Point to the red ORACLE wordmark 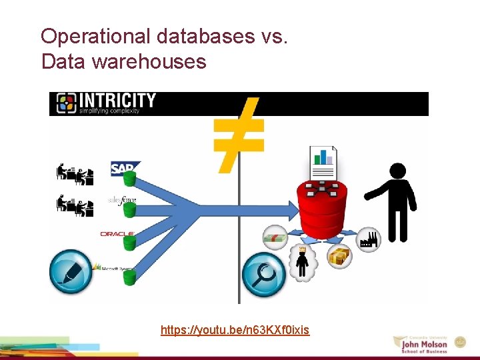[x=117, y=234]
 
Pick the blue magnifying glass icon [x=264, y=274]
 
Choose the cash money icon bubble [x=275, y=236]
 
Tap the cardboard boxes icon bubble [x=341, y=255]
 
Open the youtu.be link [x=235, y=330]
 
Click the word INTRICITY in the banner [x=117, y=101]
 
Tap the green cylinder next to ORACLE [x=129, y=243]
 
